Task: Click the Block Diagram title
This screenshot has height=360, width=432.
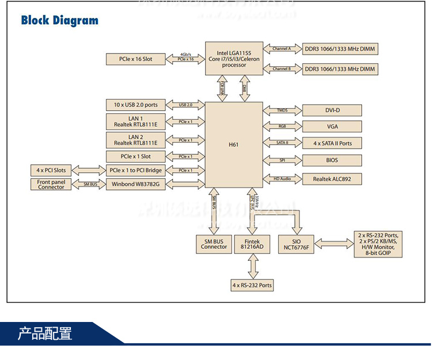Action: pyautogui.click(x=59, y=21)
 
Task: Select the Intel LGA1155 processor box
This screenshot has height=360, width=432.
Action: pyautogui.click(x=234, y=58)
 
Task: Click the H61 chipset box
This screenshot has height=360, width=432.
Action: pyautogui.click(x=233, y=145)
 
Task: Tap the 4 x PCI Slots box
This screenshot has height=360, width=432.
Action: pyautogui.click(x=51, y=170)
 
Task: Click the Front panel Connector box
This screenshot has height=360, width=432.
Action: pyautogui.click(x=51, y=184)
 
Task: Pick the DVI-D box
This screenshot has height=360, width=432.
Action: pyautogui.click(x=332, y=110)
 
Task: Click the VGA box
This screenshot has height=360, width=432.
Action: pyautogui.click(x=332, y=127)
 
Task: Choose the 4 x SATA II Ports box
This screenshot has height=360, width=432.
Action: pyautogui.click(x=332, y=143)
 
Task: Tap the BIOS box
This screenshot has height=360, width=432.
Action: pyautogui.click(x=332, y=160)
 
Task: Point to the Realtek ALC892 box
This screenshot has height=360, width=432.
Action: pyautogui.click(x=332, y=179)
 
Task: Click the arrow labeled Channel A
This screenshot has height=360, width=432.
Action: pyautogui.click(x=282, y=49)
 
